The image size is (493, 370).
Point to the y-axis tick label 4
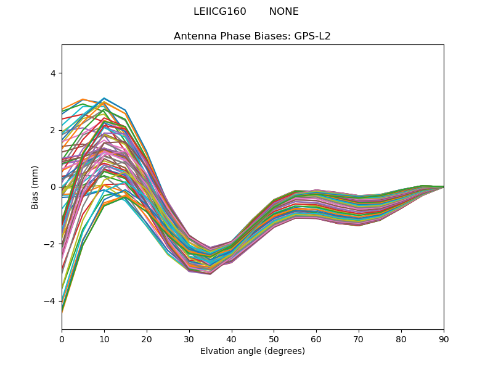pyautogui.click(x=52, y=73)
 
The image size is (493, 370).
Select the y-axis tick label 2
pyautogui.click(x=52, y=130)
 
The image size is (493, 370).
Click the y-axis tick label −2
pyautogui.click(x=50, y=244)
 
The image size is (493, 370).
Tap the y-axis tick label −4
pyautogui.click(x=50, y=301)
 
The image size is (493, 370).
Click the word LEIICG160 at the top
pyautogui.click(x=220, y=12)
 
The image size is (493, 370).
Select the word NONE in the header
pyautogui.click(x=283, y=12)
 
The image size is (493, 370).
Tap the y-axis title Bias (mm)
pyautogui.click(x=35, y=187)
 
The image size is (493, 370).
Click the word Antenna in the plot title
pyautogui.click(x=194, y=36)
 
